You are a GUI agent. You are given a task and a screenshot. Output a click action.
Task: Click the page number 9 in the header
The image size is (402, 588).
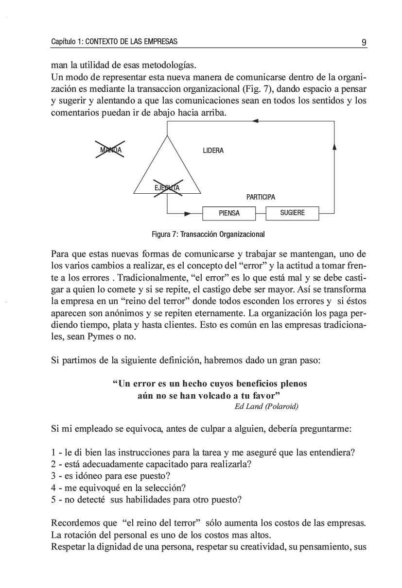(x=364, y=42)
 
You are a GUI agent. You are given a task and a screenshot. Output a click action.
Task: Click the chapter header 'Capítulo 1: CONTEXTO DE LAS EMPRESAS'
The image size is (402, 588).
(x=114, y=42)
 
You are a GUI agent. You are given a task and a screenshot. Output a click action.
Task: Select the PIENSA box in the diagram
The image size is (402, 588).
(x=229, y=213)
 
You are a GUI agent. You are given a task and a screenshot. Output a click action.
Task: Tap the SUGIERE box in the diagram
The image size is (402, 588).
(x=292, y=213)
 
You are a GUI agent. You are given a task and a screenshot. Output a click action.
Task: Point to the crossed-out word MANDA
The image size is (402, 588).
(x=110, y=150)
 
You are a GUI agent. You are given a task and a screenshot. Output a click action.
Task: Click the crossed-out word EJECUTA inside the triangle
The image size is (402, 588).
(x=167, y=188)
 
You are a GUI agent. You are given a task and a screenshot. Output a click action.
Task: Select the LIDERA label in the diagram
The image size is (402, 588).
(x=213, y=151)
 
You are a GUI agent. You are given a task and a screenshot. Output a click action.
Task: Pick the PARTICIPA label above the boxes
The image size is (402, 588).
(x=261, y=197)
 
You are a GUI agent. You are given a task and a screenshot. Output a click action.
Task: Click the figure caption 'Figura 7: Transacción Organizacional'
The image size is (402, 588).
(x=208, y=234)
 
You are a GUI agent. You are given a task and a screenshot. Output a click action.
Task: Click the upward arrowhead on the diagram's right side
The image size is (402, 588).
(x=334, y=146)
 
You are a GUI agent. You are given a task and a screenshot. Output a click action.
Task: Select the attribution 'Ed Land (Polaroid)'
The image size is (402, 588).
(x=266, y=406)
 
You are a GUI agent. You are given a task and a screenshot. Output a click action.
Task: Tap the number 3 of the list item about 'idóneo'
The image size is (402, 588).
(x=53, y=475)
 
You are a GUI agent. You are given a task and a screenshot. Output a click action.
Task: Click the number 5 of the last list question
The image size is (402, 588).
(x=53, y=499)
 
